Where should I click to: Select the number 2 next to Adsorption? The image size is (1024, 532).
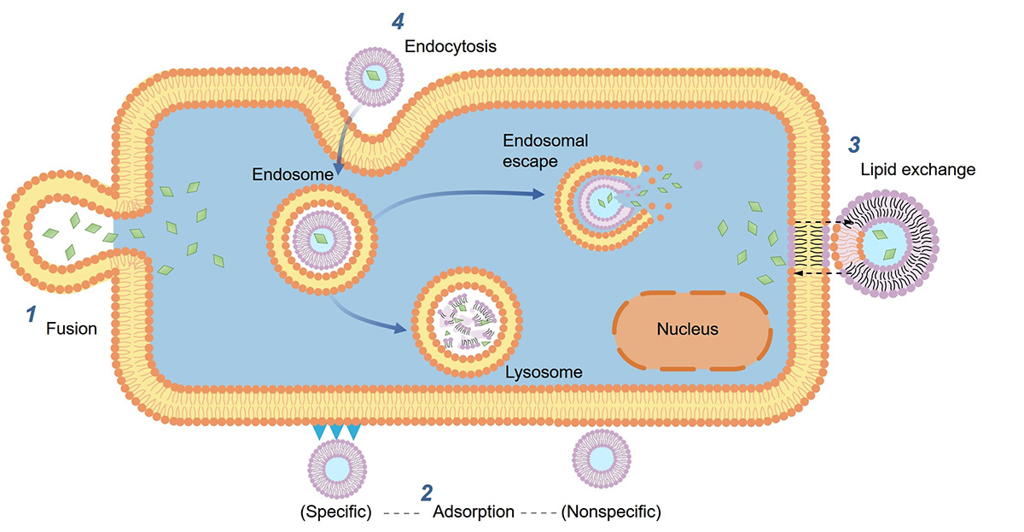pos(426,493)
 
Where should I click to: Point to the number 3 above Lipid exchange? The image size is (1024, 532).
pos(853,142)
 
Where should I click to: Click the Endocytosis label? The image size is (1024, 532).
pos(450,46)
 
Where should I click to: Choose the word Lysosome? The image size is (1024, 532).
pos(544,372)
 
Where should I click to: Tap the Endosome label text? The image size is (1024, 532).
pos(289,174)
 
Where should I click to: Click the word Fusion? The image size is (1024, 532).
pos(72,327)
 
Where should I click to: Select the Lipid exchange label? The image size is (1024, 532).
pos(917,170)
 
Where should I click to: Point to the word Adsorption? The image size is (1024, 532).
pos(474,512)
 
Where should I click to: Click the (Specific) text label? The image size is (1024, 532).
pos(335,512)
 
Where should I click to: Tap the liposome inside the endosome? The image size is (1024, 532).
pos(322,237)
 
